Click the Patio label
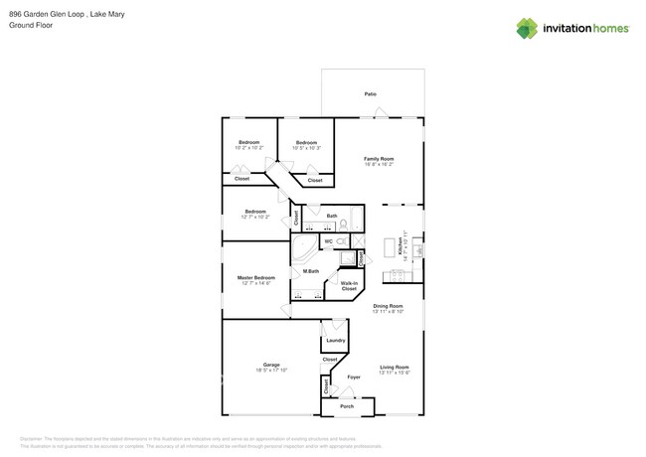[x=370, y=94]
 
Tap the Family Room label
[x=378, y=159]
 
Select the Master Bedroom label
[x=255, y=278]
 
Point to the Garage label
[x=271, y=365]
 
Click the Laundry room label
[x=335, y=340]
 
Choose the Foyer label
[x=354, y=378]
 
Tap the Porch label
[x=347, y=406]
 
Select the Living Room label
[x=395, y=368]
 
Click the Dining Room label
[x=388, y=306]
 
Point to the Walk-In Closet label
[x=349, y=286]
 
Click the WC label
[x=328, y=241]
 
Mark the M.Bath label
[x=311, y=271]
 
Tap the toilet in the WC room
[x=341, y=241]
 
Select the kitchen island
[x=390, y=247]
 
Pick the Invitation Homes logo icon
[x=527, y=29]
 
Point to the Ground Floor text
[x=29, y=26]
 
